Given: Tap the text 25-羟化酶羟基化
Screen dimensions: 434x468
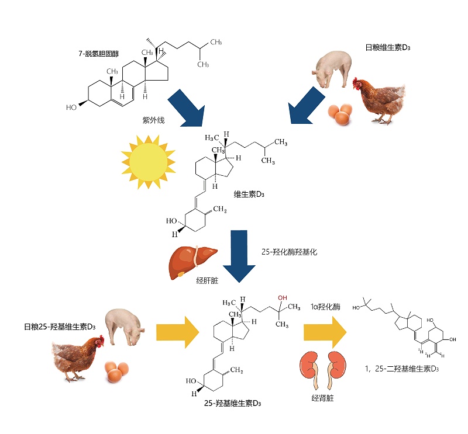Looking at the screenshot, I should click(x=291, y=252).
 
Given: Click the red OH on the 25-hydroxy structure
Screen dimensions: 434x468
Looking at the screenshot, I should click(x=283, y=298).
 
